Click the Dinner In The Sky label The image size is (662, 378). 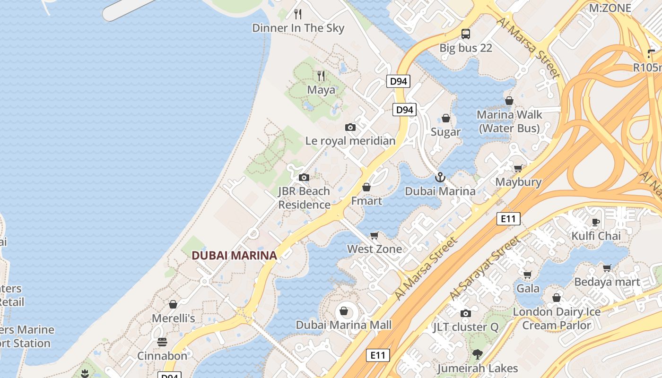(298, 28)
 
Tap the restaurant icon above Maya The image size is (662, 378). (321, 76)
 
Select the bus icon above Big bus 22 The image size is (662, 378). (466, 34)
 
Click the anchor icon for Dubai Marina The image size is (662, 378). (440, 177)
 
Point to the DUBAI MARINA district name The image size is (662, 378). (234, 256)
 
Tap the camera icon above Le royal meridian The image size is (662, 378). (350, 127)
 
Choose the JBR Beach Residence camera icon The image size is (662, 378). (304, 178)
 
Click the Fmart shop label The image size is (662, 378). (366, 201)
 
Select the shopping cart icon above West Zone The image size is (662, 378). (375, 235)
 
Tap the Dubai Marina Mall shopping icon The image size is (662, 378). (344, 311)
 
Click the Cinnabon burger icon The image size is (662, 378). (162, 342)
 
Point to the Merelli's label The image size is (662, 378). (173, 318)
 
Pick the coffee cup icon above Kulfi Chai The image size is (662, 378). (596, 222)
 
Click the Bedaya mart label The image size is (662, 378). (607, 282)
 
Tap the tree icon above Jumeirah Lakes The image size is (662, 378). (478, 354)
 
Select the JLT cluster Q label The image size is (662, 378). (466, 327)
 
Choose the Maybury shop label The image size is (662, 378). (518, 182)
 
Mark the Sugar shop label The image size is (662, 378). (445, 132)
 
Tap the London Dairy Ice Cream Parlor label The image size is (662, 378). (557, 318)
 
